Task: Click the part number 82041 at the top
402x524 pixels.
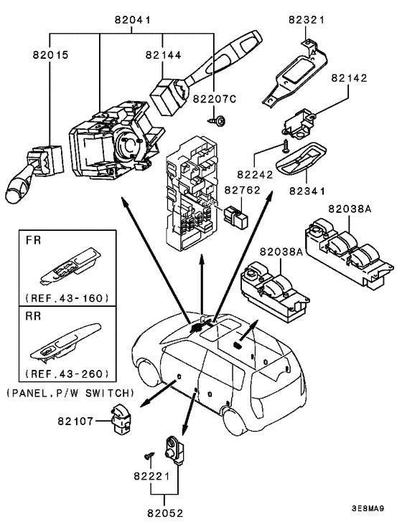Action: point(133,20)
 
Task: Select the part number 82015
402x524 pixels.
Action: point(50,54)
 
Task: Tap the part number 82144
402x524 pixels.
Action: point(164,54)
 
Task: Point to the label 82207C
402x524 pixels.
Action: point(215,99)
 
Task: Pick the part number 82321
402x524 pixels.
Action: point(307,20)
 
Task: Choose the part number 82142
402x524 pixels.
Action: point(350,78)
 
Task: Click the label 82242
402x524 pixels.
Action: point(256,174)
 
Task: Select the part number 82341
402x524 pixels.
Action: point(307,191)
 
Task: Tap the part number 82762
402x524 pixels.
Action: point(243,190)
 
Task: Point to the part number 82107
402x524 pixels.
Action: point(75,421)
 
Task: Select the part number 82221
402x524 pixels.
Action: point(151,475)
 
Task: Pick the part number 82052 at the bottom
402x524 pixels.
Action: point(165,513)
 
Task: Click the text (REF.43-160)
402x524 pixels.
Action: point(67,297)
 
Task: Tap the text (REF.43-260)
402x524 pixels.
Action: point(67,373)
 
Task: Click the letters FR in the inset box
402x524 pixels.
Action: point(33,240)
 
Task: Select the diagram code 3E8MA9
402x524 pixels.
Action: point(368,509)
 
